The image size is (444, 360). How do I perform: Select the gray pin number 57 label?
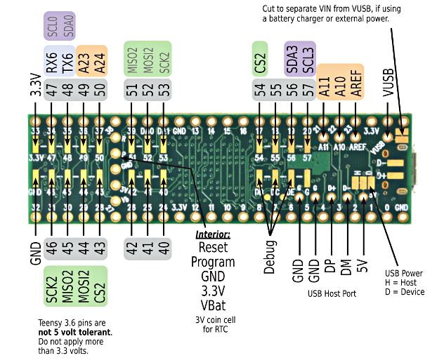tap(307, 91)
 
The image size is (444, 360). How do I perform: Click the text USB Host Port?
tap(332, 293)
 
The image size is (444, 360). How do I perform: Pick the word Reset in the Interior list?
tap(213, 247)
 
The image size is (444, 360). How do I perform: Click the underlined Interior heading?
tap(213, 234)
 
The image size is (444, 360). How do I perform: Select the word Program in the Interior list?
tap(213, 261)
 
